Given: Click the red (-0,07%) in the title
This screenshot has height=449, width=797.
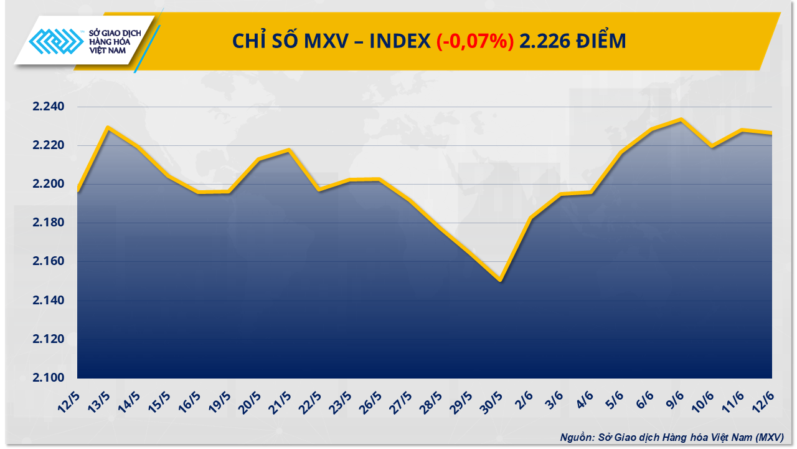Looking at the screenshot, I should (x=475, y=41).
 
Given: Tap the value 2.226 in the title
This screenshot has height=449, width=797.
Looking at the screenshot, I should (x=542, y=41).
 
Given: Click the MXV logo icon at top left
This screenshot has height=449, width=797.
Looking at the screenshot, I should (x=55, y=42).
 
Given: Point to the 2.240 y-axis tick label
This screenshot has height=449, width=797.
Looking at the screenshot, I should (x=49, y=107).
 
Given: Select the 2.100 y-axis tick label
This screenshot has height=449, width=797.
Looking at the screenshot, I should (x=49, y=378).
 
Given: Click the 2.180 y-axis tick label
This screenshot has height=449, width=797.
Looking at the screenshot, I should (x=49, y=223).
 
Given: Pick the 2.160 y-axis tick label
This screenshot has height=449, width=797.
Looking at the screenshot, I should (x=49, y=261).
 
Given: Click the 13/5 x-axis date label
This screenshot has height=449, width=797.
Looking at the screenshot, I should (x=101, y=403).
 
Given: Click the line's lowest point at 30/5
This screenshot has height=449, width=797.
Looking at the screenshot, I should (x=500, y=281).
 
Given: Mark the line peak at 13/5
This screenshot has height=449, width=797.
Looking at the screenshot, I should (x=108, y=128).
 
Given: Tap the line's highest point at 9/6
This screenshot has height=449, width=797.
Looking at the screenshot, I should (x=681, y=120).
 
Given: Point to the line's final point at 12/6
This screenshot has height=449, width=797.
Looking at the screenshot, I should (x=771, y=133).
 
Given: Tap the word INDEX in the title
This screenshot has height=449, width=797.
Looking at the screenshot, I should (x=400, y=41).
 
